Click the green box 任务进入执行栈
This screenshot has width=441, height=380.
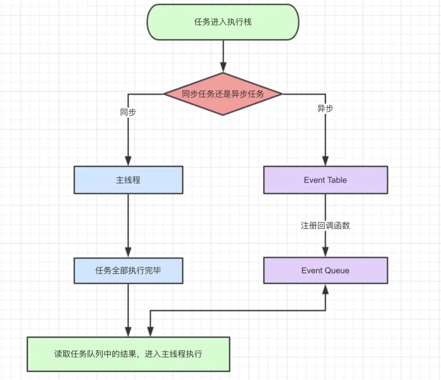[x=223, y=22]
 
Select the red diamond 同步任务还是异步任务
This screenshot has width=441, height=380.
[x=223, y=94]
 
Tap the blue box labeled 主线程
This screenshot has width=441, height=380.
[x=128, y=180]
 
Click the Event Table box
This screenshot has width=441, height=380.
[x=326, y=180]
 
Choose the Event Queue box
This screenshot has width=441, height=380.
[x=326, y=270]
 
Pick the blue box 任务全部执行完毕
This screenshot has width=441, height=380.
[x=128, y=270]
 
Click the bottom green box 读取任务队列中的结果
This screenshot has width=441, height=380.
[x=128, y=354]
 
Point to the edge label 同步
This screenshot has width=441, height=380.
[x=128, y=112]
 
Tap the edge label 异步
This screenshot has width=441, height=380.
[x=326, y=108]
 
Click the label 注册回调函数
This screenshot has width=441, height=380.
[x=326, y=225]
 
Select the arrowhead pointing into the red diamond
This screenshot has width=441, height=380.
[x=224, y=67]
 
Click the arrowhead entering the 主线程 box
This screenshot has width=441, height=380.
[x=128, y=161]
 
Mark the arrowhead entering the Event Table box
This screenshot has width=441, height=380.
[x=326, y=161]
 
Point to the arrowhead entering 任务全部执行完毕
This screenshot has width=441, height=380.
[x=128, y=252]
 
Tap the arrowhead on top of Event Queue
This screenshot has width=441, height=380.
[x=326, y=252]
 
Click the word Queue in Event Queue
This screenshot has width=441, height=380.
[x=337, y=270]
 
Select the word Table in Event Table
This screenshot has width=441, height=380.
[x=335, y=180]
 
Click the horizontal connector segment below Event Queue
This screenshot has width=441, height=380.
[x=238, y=311]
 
